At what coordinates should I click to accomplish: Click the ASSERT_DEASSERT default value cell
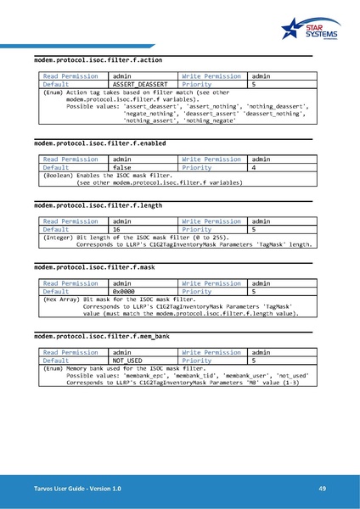click(140, 85)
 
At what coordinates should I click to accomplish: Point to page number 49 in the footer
click(323, 489)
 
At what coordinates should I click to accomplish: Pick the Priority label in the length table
click(197, 229)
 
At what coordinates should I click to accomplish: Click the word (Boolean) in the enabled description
click(57, 176)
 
